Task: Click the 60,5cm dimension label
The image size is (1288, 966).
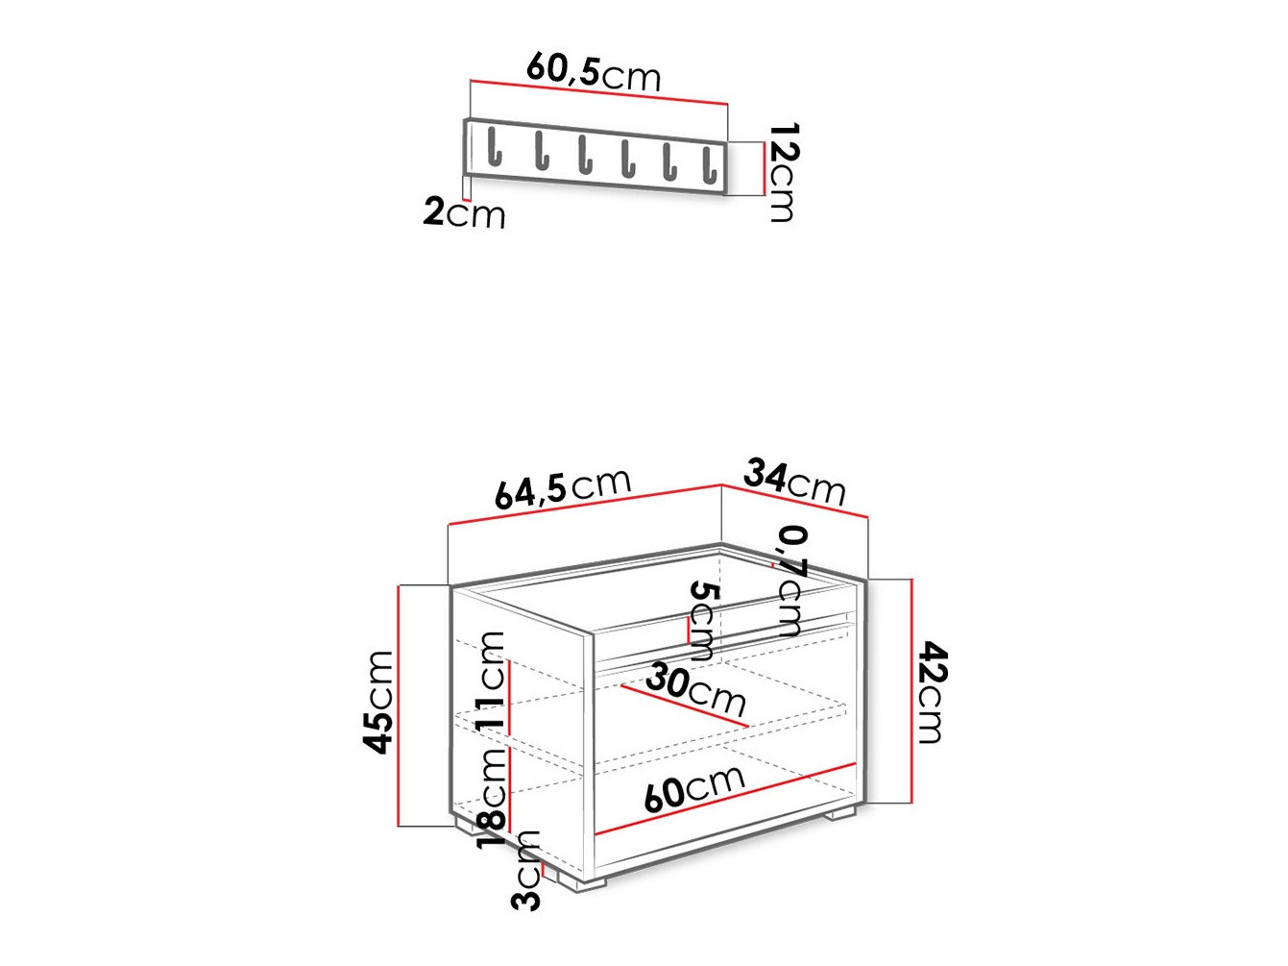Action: tap(594, 72)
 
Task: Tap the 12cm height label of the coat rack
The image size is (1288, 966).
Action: tap(783, 172)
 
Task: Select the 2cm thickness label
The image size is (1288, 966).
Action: tap(464, 212)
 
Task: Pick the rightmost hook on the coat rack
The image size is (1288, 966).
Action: tap(709, 164)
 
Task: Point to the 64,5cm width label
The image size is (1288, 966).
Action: tap(563, 488)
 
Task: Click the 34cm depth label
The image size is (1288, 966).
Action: tap(794, 482)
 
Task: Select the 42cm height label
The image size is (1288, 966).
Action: tap(931, 692)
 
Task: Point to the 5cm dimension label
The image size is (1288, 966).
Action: tap(703, 620)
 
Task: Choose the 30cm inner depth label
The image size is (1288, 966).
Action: tap(695, 689)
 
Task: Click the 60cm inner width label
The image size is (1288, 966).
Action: tap(693, 789)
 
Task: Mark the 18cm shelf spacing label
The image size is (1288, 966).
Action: tap(491, 796)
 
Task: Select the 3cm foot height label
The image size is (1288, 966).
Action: tap(527, 870)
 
